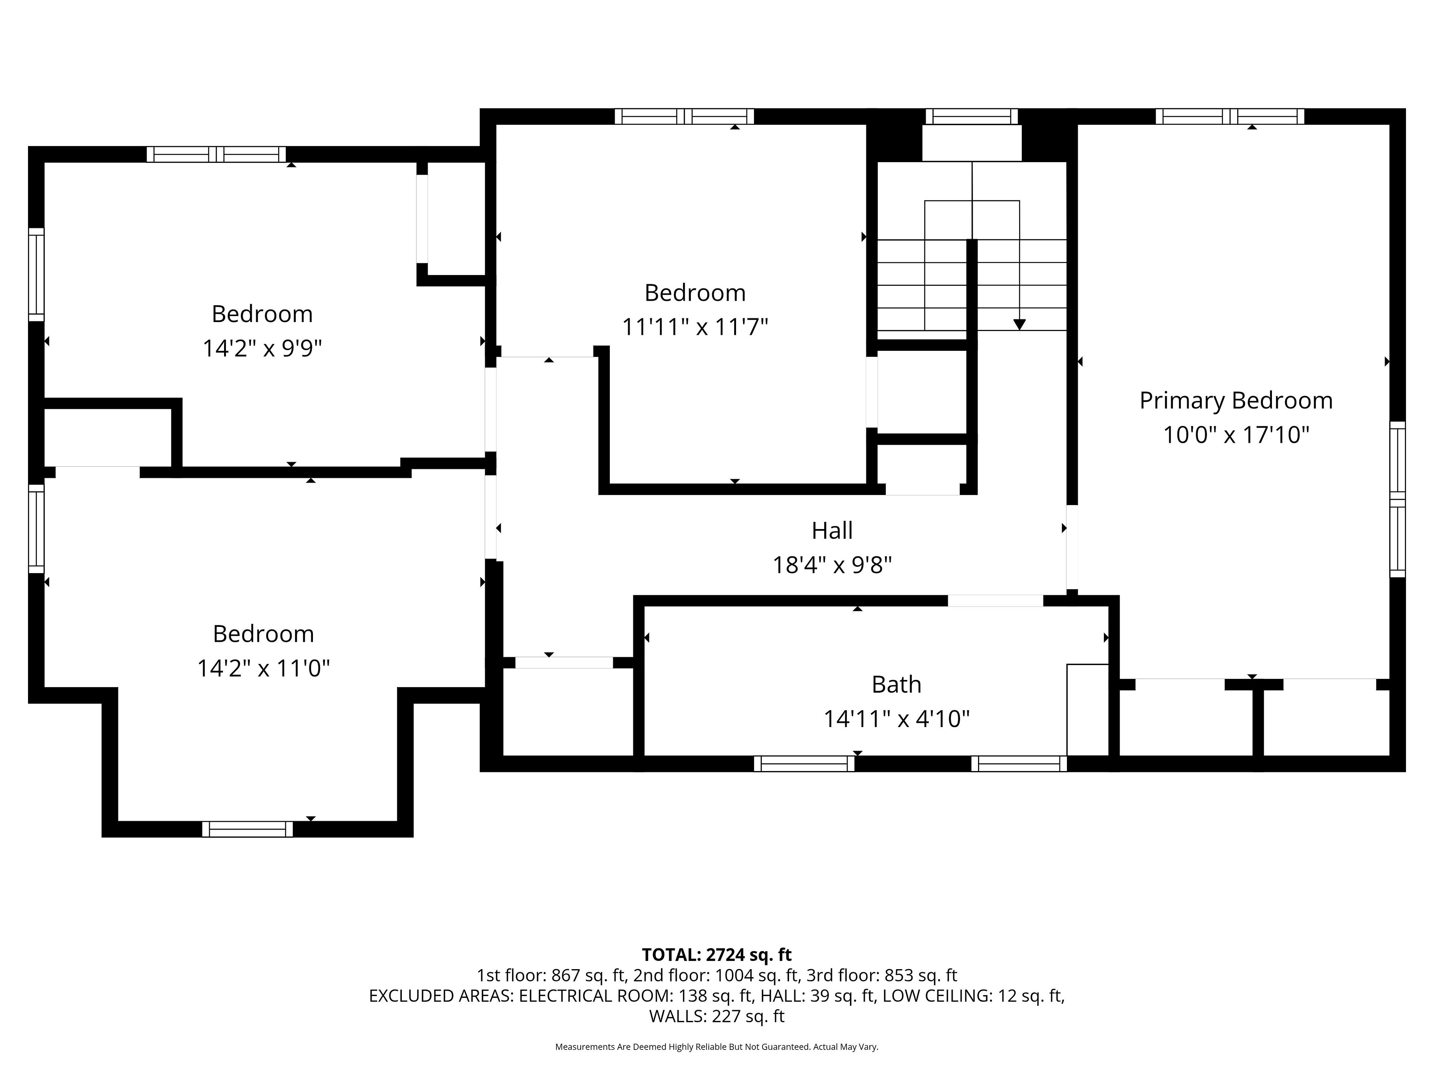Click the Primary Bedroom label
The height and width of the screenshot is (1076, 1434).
click(1236, 401)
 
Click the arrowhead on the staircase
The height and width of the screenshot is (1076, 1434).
click(1019, 324)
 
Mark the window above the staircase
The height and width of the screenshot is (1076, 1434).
click(971, 117)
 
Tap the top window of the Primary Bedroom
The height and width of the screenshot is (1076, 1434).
click(1230, 117)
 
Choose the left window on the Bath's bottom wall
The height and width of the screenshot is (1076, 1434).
click(804, 764)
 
